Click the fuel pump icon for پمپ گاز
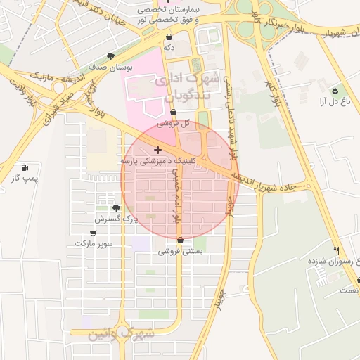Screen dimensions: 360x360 pyautogui.click(x=25, y=168)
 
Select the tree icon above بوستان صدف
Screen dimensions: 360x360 pyautogui.click(x=110, y=56)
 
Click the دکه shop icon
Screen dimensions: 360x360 pyautogui.click(x=169, y=37)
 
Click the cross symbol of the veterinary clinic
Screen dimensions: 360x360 pyautogui.click(x=157, y=150)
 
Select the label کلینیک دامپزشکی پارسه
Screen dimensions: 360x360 pyautogui.click(x=152, y=161)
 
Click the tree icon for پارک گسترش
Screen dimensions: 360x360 pyautogui.click(x=116, y=208)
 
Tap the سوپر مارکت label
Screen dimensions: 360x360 pyautogui.click(x=94, y=243)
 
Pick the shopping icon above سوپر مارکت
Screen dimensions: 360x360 pyautogui.click(x=94, y=233)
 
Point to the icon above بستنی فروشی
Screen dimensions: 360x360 pyautogui.click(x=181, y=240)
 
